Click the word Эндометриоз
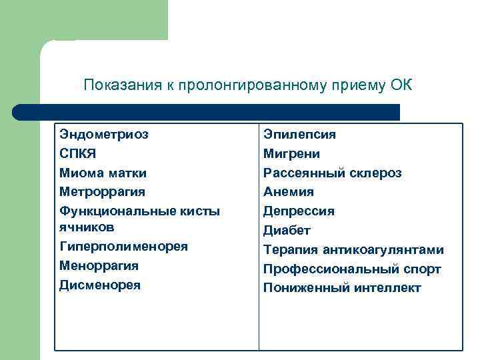[103, 134]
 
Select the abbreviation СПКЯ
[77, 153]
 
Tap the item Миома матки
[103, 173]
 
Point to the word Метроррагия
[102, 192]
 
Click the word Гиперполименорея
[123, 246]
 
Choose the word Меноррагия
[99, 265]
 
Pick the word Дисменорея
[100, 285]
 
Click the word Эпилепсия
[299, 134]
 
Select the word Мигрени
[291, 153]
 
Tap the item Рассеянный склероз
[332, 173]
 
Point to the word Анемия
[288, 192]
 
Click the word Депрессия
[299, 211]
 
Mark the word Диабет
[287, 231]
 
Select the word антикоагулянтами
[383, 250]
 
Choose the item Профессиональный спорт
[352, 269]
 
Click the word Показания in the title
[117, 85]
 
